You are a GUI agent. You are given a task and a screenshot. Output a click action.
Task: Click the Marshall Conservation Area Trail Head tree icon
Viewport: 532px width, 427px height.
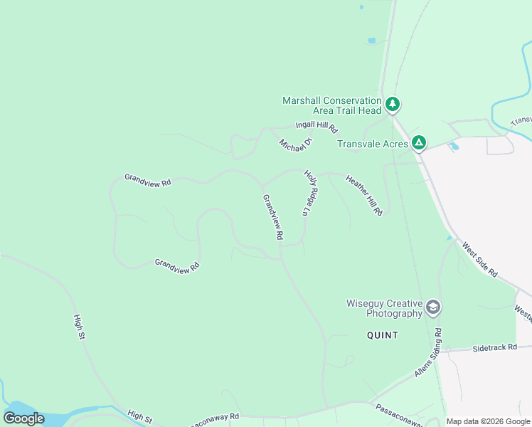[393, 105]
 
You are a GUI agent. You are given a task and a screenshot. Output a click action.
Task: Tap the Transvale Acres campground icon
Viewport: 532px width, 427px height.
[420, 144]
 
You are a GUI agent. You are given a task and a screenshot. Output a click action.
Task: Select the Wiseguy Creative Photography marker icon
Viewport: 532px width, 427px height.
[432, 308]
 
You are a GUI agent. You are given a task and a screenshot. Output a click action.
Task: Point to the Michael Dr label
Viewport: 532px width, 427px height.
[291, 144]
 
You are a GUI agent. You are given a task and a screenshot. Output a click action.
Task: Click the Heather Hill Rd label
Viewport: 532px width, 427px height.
[365, 195]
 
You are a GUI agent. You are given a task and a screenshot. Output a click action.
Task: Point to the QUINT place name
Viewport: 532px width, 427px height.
[383, 334]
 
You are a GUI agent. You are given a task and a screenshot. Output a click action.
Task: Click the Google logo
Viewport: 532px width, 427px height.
[23, 418]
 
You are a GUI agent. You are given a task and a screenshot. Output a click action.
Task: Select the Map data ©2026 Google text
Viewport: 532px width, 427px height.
[488, 421]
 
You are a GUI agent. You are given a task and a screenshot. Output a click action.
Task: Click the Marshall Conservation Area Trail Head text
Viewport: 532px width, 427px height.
[332, 105]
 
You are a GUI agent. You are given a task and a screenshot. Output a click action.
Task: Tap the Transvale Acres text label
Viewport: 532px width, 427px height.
[373, 144]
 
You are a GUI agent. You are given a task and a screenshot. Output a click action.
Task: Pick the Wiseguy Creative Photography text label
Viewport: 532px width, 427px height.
[384, 308]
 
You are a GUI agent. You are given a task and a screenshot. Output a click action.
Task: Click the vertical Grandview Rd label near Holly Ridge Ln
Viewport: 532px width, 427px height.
[274, 216]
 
